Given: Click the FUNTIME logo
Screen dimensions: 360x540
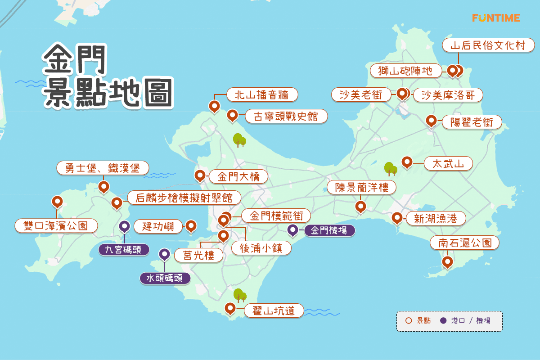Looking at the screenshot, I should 496,18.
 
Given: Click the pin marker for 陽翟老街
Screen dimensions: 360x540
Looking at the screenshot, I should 431,121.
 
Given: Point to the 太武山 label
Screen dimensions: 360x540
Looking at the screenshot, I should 448,163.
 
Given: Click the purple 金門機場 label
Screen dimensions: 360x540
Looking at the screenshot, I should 329,231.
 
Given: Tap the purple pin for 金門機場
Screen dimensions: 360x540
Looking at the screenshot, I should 293,230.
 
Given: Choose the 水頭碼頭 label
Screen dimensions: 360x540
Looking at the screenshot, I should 165,278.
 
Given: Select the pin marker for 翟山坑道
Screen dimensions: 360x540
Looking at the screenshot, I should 230,308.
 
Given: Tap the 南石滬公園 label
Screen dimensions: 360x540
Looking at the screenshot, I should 464,243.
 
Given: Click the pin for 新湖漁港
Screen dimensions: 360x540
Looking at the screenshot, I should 396,217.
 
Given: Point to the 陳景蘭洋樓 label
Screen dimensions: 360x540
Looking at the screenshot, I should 361,187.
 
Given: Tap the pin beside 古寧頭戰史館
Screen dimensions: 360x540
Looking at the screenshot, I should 232,115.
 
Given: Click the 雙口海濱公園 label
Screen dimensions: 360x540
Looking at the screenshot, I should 56,225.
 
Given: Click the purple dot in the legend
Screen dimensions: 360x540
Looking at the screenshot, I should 443,321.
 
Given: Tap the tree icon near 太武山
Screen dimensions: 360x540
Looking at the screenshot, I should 390,168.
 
